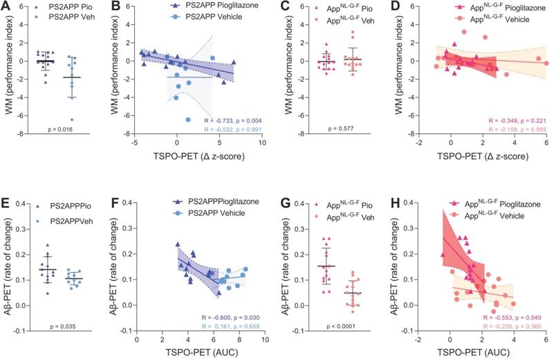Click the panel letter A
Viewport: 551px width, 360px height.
pos(6,6)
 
